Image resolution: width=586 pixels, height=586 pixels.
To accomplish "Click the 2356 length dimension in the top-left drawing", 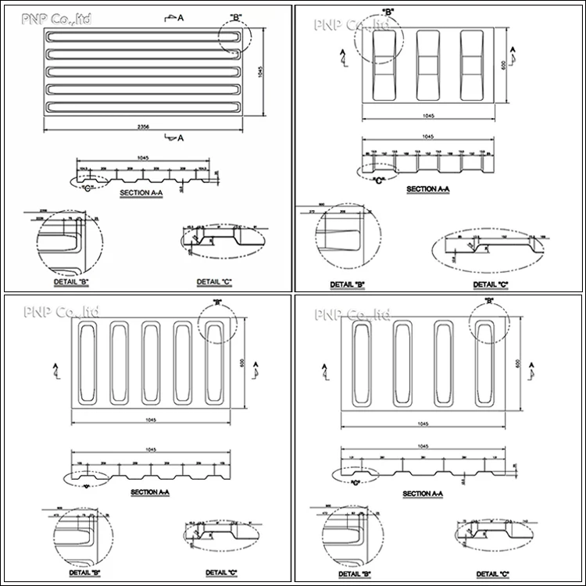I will (x=142, y=126).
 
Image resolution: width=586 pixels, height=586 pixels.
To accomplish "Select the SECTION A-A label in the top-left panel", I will (x=141, y=191).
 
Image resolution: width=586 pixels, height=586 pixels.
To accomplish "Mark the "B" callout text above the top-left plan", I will (x=236, y=17).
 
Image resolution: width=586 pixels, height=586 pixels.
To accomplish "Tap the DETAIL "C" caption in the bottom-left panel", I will (x=221, y=572).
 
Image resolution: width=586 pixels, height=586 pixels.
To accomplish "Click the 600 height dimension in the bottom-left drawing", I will (x=243, y=363).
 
